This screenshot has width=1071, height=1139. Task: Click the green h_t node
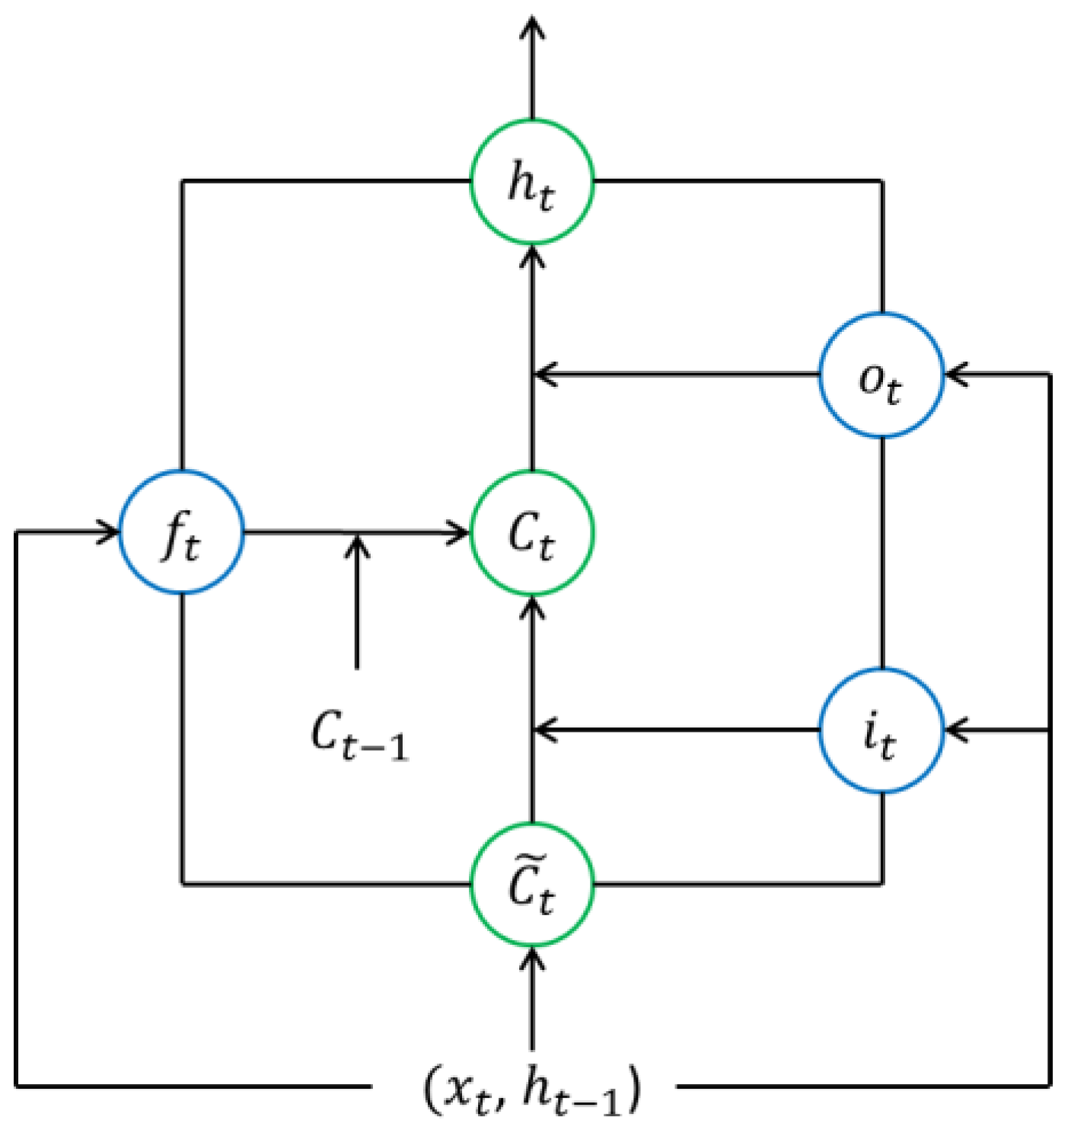(x=532, y=182)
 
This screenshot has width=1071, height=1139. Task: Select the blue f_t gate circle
(x=182, y=532)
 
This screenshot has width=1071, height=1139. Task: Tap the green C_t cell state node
(x=532, y=532)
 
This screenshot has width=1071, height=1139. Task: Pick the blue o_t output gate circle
(x=881, y=375)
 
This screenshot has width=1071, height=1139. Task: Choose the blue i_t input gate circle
(x=881, y=730)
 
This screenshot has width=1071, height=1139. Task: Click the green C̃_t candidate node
(x=532, y=884)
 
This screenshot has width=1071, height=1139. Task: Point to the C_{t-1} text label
(x=359, y=735)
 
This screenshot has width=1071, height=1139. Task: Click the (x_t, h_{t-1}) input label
(x=532, y=1090)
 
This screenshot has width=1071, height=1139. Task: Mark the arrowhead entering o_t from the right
(x=955, y=375)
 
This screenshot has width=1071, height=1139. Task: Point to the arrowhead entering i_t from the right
(x=955, y=730)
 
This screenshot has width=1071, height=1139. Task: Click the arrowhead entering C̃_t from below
(x=532, y=958)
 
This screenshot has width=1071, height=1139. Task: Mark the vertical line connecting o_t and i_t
(x=881, y=552)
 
